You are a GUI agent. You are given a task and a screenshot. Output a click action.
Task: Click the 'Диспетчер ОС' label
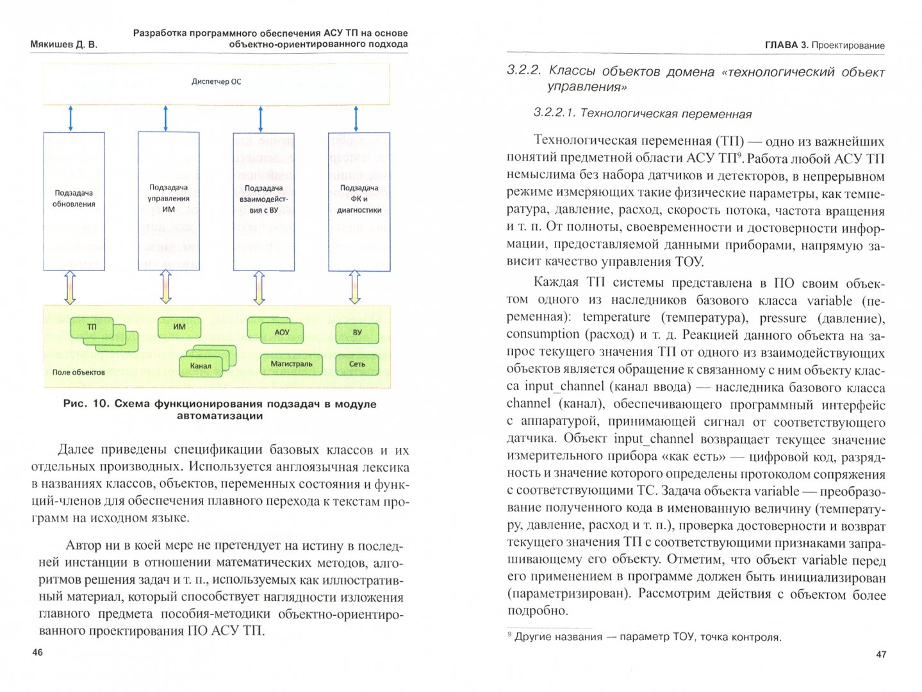[x=217, y=82]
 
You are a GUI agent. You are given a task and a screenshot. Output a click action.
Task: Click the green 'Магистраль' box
[x=292, y=364]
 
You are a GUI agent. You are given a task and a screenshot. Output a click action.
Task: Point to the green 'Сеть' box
[x=357, y=364]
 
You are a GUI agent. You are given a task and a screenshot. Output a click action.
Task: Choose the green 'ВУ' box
[x=357, y=333]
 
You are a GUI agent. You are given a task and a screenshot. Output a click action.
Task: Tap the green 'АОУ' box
[x=282, y=333]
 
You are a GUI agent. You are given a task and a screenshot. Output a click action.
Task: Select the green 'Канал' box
[x=201, y=366]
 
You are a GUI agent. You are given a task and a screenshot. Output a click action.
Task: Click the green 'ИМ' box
[x=179, y=327]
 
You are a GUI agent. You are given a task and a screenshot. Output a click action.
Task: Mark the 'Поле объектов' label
[x=78, y=372]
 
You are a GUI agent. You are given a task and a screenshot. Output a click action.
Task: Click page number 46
[x=37, y=652]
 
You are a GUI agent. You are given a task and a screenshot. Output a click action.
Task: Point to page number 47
[x=881, y=654]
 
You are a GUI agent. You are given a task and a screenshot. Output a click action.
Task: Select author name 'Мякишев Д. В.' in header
[x=63, y=45]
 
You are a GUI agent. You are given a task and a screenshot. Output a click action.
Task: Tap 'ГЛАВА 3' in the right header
[x=786, y=45]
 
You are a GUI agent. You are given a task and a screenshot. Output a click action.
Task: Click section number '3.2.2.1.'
[x=554, y=113]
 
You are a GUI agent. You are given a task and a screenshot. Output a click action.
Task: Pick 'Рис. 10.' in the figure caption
[x=86, y=404]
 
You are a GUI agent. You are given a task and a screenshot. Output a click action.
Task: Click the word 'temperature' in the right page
[x=616, y=317]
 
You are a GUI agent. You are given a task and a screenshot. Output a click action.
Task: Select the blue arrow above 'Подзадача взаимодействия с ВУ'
[x=261, y=119]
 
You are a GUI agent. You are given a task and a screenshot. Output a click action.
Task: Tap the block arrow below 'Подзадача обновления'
[x=70, y=288]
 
